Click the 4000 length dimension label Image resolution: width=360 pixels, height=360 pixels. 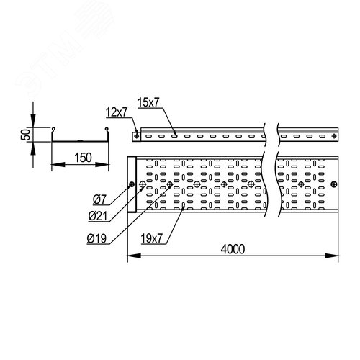(x=233, y=249)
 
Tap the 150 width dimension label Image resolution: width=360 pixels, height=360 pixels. (x=83, y=158)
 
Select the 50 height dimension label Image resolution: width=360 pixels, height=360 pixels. (x=26, y=135)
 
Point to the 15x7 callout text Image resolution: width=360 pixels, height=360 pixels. (x=148, y=102)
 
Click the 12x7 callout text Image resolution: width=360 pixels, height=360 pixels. (x=117, y=112)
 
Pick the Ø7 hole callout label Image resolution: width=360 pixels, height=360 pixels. (x=99, y=199)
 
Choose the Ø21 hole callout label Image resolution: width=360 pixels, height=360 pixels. (x=97, y=216)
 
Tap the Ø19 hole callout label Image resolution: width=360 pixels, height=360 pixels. (x=96, y=238)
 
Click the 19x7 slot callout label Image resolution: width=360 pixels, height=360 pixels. (x=152, y=238)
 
